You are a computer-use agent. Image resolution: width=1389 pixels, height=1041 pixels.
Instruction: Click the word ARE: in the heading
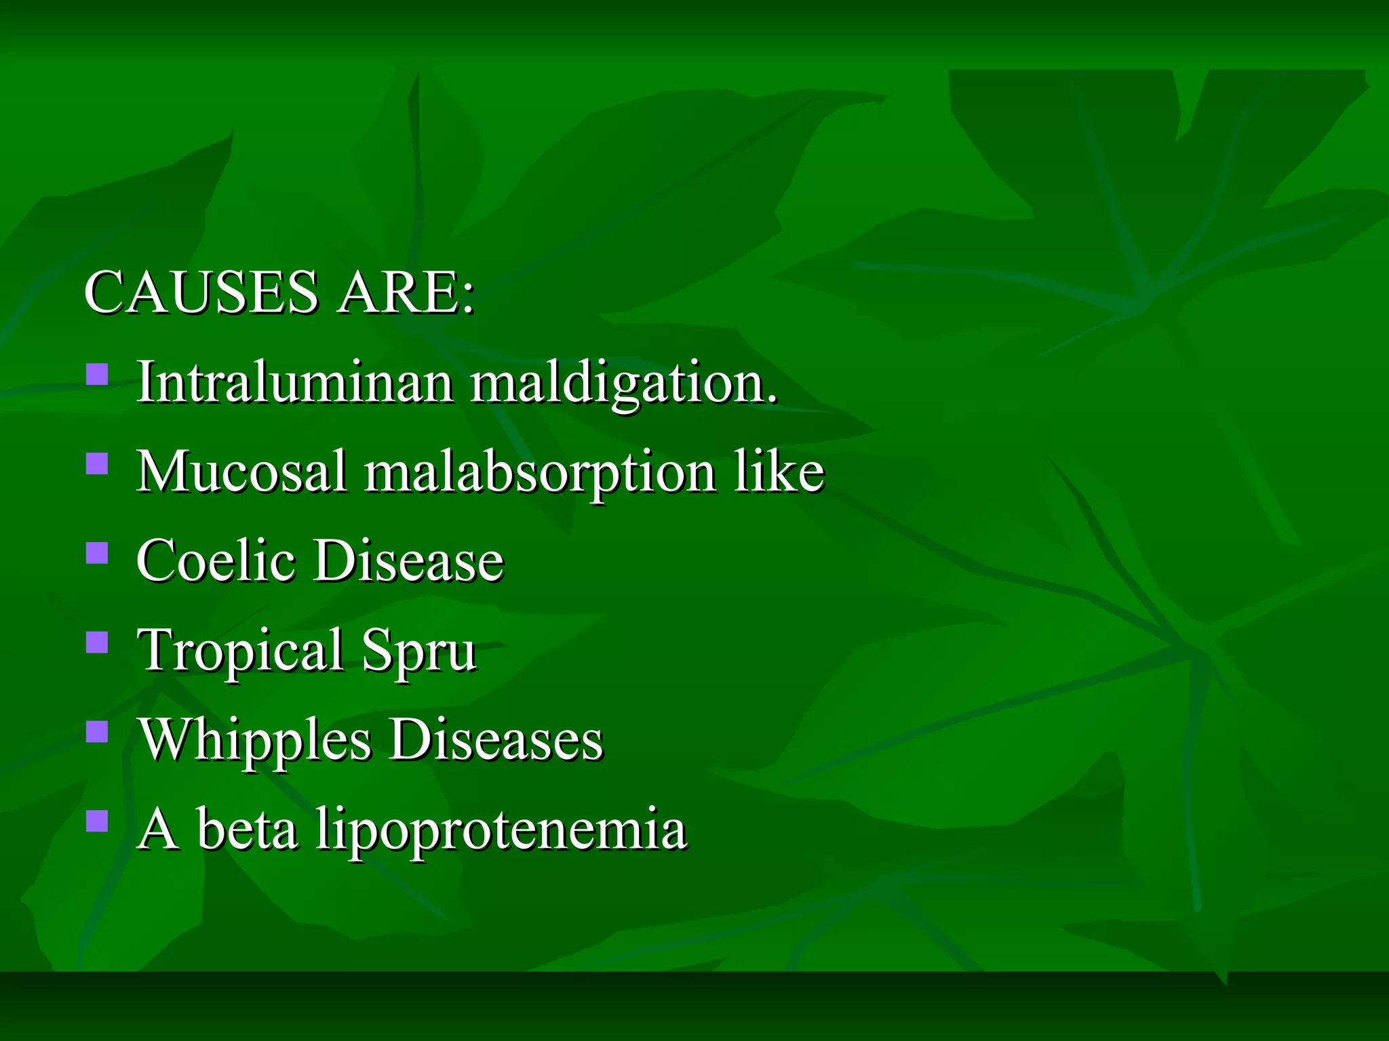[406, 292]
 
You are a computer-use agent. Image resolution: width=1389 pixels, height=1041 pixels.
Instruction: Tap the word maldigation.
[623, 384]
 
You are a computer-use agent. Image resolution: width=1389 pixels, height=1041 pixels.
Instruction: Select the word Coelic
[216, 560]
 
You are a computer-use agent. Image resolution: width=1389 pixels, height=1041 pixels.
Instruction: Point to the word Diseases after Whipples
[496, 739]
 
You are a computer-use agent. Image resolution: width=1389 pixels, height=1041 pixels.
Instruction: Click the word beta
[247, 829]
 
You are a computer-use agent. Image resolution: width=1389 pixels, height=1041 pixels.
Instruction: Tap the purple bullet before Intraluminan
[98, 375]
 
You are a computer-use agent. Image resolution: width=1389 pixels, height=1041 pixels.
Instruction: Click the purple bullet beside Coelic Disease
[98, 553]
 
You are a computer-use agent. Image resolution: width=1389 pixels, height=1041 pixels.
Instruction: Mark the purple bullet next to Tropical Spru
[98, 642]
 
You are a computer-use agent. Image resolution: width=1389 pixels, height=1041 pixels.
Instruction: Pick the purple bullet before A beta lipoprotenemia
[98, 821]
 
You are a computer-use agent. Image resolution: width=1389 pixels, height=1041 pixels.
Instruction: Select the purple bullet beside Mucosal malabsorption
[98, 464]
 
